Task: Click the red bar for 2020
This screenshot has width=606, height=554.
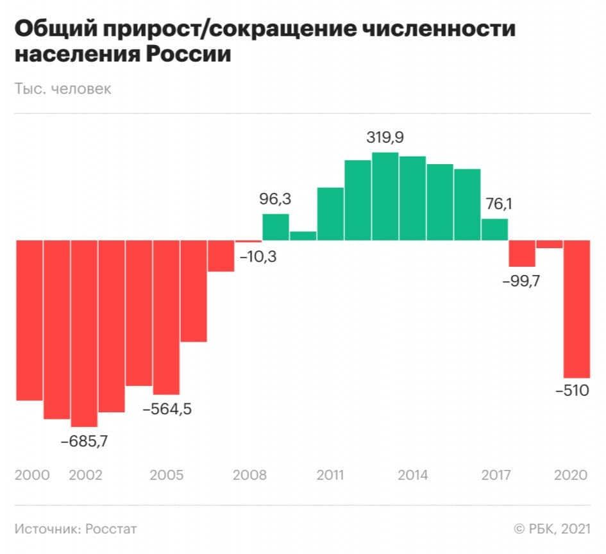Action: click(576, 308)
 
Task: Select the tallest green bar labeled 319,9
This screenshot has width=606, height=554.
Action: click(385, 196)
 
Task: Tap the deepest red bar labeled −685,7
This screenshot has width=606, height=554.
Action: click(84, 333)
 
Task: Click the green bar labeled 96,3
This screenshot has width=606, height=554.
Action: click(276, 227)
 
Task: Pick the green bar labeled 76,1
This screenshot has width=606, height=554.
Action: click(494, 230)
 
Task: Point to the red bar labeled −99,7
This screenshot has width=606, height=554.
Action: click(521, 253)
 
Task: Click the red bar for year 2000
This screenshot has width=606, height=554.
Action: click(29, 320)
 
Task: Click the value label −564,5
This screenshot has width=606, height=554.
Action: click(166, 408)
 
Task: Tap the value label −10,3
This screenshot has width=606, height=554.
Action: click(258, 258)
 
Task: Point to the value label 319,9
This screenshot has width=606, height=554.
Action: click(385, 137)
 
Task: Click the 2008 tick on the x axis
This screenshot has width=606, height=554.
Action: click(249, 475)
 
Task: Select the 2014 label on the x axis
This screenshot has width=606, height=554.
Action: click(413, 475)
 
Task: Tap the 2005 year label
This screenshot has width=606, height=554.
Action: click(166, 475)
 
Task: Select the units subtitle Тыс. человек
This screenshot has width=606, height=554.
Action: click(63, 88)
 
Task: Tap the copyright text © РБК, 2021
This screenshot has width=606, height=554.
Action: click(551, 528)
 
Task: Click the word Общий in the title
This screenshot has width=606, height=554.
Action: click(52, 29)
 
